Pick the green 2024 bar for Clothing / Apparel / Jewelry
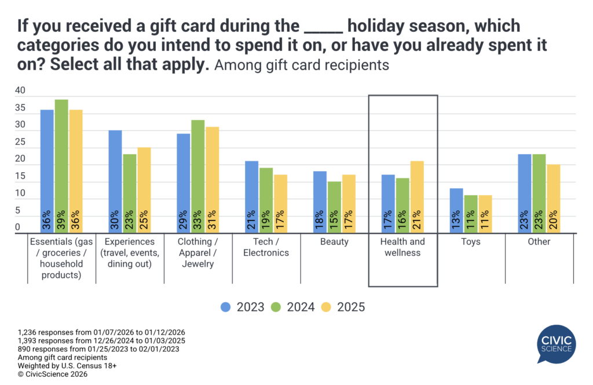[197, 177]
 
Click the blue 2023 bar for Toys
[456, 210]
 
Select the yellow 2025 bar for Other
[554, 199]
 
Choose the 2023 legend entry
[243, 307]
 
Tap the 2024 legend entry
[293, 307]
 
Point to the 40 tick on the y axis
[20, 90]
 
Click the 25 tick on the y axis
[20, 142]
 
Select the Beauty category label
[334, 241]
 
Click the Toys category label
[471, 241]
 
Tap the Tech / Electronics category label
[266, 247]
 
